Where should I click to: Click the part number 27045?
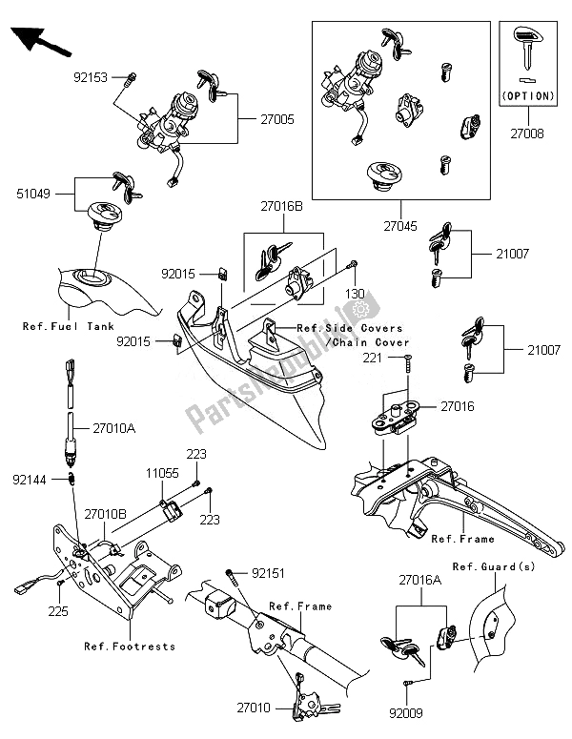click(x=400, y=227)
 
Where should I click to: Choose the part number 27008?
click(x=525, y=134)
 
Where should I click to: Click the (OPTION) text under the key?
click(x=526, y=95)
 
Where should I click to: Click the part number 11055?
click(x=162, y=473)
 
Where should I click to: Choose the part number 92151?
click(x=269, y=574)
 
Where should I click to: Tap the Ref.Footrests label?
click(x=130, y=647)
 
